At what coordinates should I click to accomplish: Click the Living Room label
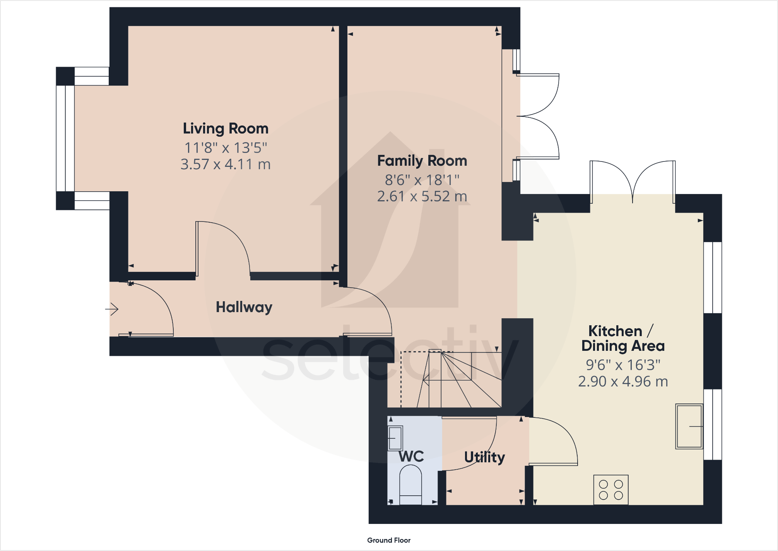pos(226,129)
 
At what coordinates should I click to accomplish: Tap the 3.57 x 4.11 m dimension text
pos(226,165)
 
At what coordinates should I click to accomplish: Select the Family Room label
pos(422,161)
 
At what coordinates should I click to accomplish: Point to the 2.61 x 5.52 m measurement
pos(422,197)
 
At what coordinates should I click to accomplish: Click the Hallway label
pos(244,307)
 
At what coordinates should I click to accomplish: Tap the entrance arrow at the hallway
pos(112,309)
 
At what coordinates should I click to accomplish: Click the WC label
pos(411,457)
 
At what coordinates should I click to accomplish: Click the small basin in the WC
pos(395,438)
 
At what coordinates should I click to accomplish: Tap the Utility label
pos(484,457)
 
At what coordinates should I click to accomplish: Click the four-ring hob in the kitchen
pos(611,490)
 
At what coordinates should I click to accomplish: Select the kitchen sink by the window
pos(689,426)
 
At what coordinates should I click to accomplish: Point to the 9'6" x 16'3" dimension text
pos(623,365)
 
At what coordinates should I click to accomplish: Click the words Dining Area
pos(623,346)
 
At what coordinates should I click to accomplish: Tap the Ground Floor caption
pos(389,540)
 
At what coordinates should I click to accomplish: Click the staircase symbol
pos(451,379)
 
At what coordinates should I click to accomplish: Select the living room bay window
pos(65,139)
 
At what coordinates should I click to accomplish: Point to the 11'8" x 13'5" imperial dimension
pos(226,148)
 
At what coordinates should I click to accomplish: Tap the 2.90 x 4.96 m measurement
pos(623,382)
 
